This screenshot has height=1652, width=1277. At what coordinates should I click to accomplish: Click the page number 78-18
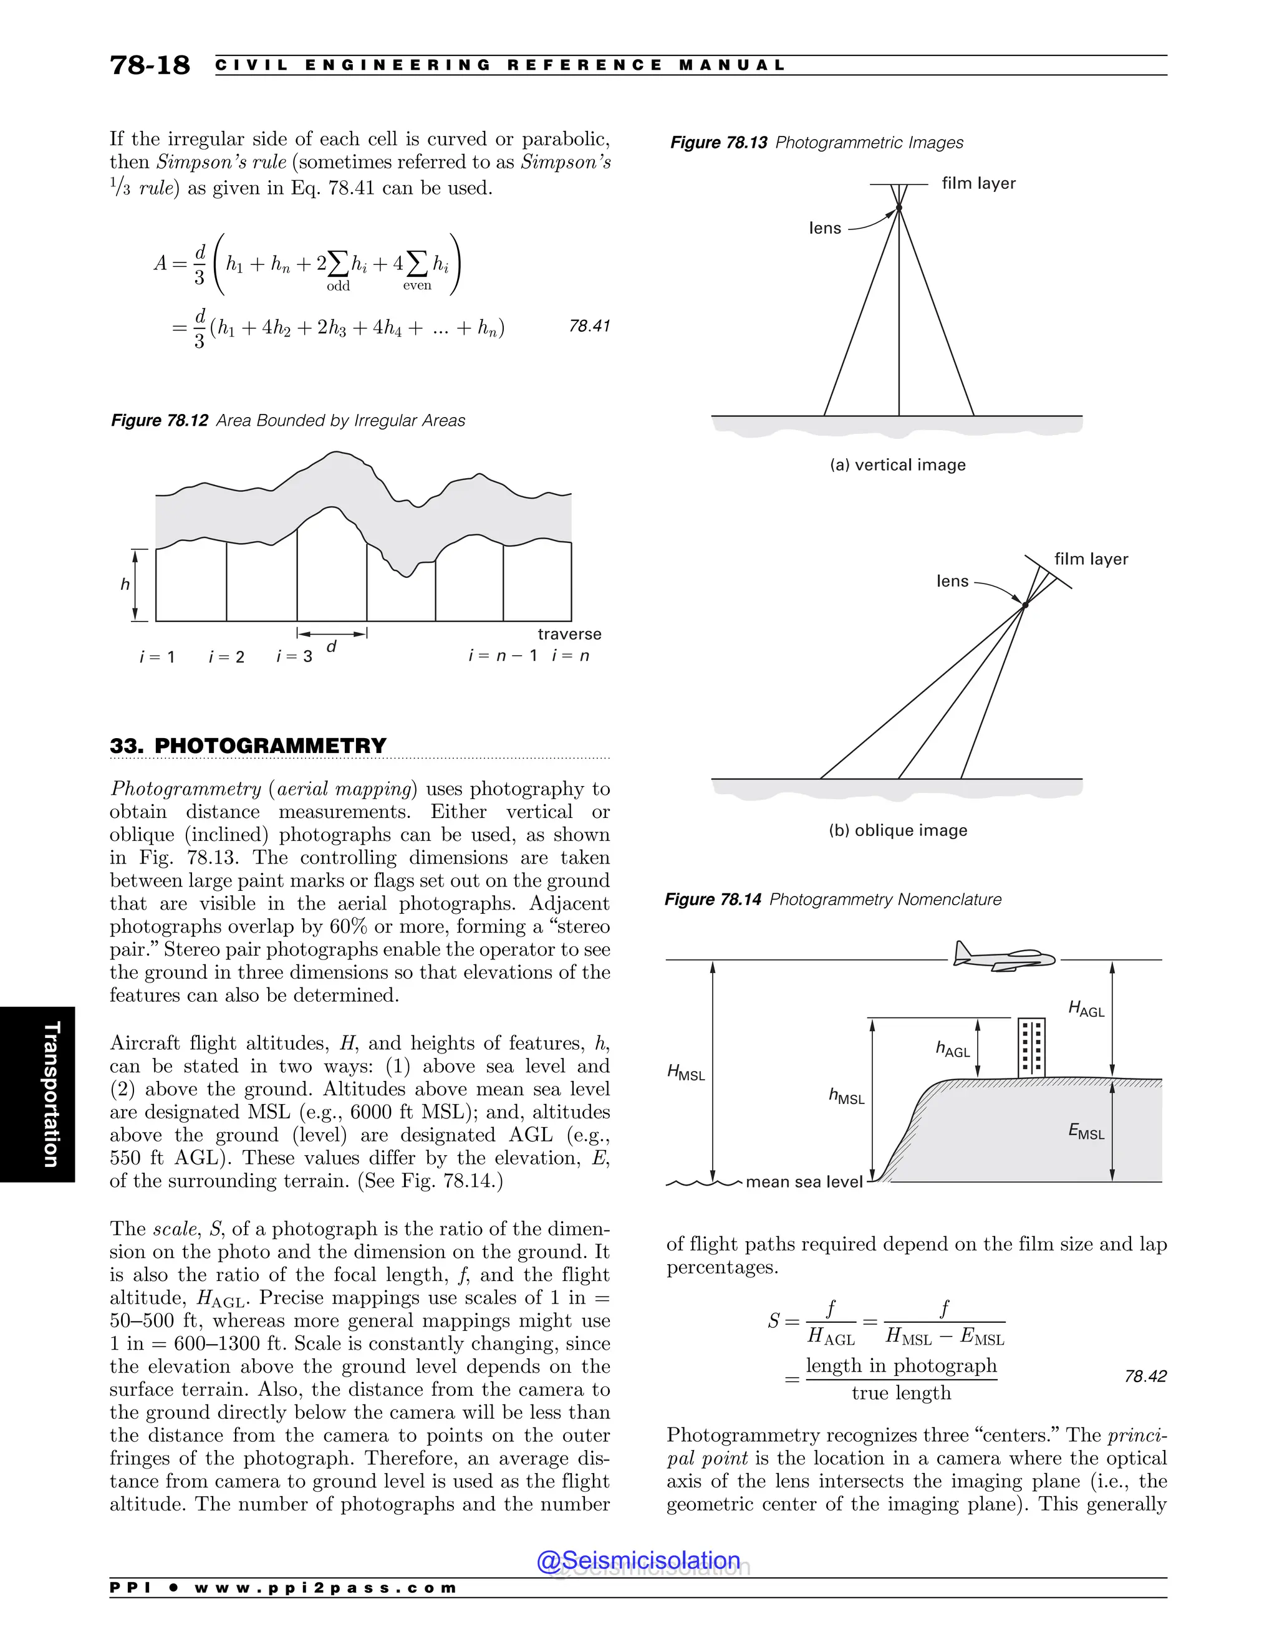(150, 65)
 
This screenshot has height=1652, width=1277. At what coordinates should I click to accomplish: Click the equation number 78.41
(589, 326)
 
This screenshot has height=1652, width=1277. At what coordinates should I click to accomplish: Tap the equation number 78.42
(1145, 1376)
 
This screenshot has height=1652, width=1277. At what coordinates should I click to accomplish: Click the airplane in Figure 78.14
(1003, 958)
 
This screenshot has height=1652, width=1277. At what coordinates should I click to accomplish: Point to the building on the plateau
(1032, 1048)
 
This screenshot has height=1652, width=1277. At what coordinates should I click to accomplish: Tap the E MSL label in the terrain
(1086, 1131)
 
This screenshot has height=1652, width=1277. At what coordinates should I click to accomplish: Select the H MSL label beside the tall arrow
(685, 1072)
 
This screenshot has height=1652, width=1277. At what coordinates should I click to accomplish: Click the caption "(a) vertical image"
(897, 464)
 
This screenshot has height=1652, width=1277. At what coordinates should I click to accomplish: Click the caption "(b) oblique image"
(898, 830)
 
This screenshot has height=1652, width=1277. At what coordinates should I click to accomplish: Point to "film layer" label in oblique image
(1091, 559)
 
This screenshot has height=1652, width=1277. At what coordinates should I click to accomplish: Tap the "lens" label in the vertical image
(824, 228)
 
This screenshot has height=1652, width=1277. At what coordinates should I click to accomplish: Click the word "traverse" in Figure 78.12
(569, 634)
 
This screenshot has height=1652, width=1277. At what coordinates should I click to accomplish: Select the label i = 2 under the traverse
(226, 656)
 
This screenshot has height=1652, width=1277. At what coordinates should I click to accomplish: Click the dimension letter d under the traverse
(331, 646)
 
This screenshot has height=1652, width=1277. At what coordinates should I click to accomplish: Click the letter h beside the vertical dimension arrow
(125, 584)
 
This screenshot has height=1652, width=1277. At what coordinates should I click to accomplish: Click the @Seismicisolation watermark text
(638, 1560)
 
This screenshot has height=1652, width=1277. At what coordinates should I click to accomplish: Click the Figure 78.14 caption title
(832, 900)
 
